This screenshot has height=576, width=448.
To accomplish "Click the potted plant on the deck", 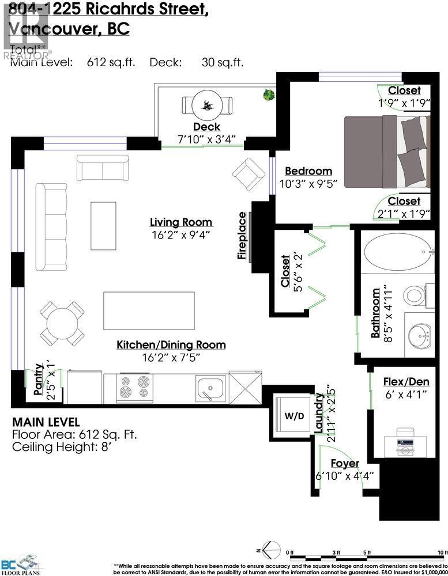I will pos(268,95).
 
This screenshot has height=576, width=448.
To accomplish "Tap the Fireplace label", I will pos(243,236).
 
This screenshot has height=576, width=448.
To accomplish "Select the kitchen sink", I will pos(210,388).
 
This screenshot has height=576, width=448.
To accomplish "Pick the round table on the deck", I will pos(207,105).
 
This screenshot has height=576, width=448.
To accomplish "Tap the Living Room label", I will pos(181,222).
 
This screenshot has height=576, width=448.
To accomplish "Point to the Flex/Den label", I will pos(406,381).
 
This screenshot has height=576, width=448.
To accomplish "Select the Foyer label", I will pos(345,464).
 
